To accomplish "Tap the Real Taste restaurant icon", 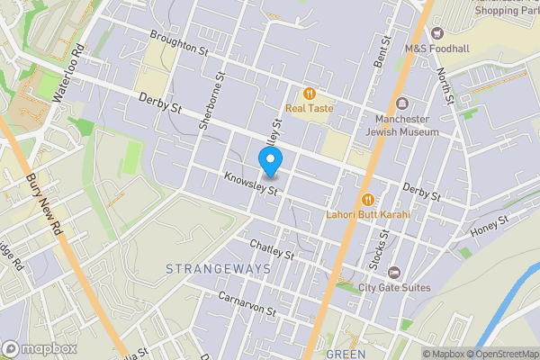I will (309, 94).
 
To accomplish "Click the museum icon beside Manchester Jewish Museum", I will (401, 103).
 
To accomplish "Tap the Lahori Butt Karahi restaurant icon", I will (367, 199).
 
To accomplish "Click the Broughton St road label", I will (179, 42).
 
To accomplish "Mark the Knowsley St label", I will (254, 184).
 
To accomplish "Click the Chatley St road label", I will (273, 250).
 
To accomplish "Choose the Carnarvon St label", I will (246, 303).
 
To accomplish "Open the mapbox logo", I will (40, 348).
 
